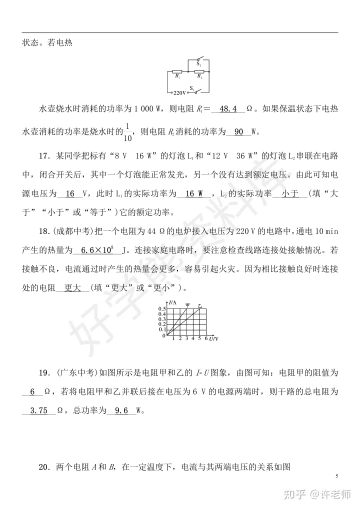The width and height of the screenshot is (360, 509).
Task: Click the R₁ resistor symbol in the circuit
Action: click(177, 71)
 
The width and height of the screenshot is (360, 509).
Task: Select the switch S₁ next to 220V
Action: click(198, 90)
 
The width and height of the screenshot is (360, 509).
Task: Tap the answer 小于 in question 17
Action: click(290, 193)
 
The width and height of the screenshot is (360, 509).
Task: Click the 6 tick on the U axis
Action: click(206, 338)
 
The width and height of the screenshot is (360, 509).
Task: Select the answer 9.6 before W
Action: click(121, 410)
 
